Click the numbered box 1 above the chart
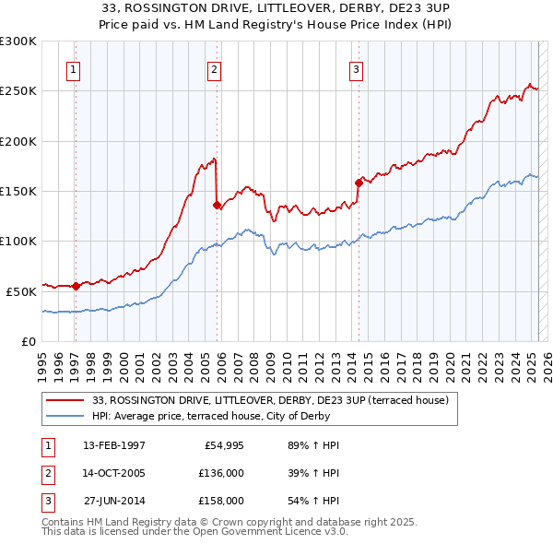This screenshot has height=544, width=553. point(72,69)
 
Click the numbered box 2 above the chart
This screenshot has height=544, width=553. point(214,69)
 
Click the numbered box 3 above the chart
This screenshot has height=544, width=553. point(356,69)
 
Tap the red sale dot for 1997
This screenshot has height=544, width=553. point(76,286)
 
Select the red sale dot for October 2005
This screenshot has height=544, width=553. point(217,206)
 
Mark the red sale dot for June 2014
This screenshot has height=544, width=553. point(358,183)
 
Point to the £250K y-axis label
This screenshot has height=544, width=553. point(18,91)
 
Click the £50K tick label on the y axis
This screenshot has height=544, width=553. point(21,290)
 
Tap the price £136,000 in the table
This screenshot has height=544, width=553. point(222,473)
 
